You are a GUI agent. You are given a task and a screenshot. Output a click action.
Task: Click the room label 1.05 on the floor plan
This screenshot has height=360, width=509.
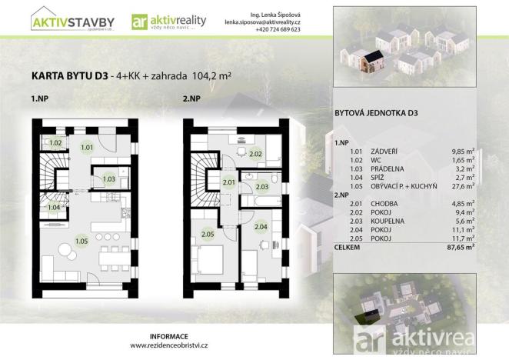coord(82,242)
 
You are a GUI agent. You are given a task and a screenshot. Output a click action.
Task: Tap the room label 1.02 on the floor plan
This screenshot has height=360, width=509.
coord(56,143)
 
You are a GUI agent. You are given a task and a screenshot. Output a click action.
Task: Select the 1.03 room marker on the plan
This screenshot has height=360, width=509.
coord(109,178)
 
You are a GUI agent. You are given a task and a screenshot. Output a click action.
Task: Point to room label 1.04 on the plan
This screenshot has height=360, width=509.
coord(55,207)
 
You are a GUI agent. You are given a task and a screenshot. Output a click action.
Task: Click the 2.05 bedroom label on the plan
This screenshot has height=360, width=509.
coord(207,234)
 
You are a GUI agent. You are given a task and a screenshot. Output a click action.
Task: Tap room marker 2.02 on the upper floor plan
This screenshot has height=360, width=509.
coord(256,154)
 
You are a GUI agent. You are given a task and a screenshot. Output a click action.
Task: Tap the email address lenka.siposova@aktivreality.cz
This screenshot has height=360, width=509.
coord(262,22)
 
